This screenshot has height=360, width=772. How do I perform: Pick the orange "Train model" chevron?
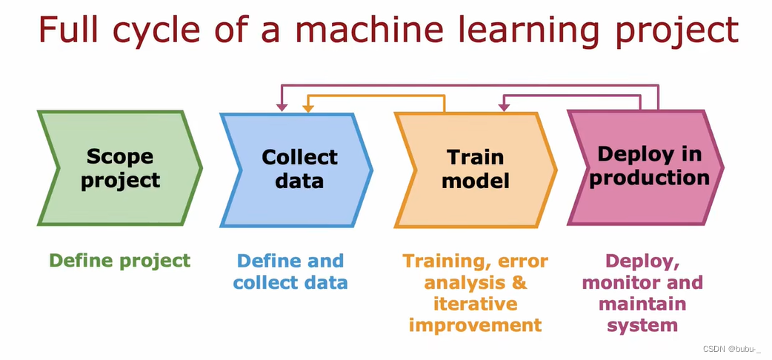(x=475, y=169)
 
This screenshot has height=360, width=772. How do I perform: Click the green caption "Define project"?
(x=119, y=261)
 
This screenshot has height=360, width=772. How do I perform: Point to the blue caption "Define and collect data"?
(x=290, y=272)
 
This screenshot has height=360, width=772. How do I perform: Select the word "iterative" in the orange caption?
(x=475, y=304)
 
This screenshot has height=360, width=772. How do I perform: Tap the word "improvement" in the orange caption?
(x=475, y=325)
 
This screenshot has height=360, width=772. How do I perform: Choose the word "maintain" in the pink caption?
(x=642, y=304)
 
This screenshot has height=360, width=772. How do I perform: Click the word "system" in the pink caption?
(x=642, y=325)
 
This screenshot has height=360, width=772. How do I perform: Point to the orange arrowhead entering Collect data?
(x=307, y=108)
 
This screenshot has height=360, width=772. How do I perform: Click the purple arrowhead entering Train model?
(x=504, y=108)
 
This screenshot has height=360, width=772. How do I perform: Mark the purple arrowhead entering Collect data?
(x=282, y=108)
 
